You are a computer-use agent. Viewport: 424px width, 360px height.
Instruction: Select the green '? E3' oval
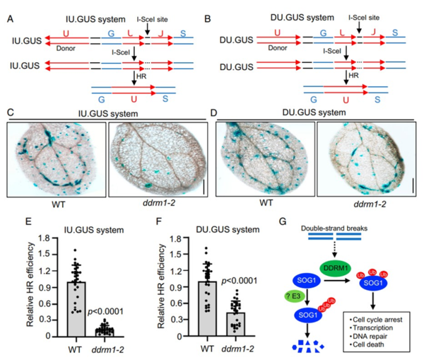pos(294,296)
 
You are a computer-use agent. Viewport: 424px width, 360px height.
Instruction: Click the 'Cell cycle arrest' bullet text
pos(377,320)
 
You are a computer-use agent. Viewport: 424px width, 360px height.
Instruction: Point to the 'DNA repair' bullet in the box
pos(370,336)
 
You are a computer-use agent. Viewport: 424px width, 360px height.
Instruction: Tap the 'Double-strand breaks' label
pos(334,228)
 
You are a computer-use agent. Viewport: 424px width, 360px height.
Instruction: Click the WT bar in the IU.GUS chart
pos(76,309)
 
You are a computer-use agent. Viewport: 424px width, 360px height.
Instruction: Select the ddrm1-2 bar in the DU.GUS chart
pos(236,324)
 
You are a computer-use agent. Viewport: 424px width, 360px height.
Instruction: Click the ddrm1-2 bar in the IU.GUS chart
pos(105,332)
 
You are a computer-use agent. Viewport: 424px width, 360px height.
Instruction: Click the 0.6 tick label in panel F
pos(175,303)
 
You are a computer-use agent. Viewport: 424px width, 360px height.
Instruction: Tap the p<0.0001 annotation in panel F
pos(240,281)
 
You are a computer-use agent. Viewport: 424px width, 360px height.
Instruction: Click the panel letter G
pos(282,221)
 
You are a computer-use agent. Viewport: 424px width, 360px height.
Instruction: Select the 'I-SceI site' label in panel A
pos(152,20)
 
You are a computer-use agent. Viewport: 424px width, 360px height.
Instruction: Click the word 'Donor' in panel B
pos(278,48)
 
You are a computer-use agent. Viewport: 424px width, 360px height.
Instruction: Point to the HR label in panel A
pos(141,76)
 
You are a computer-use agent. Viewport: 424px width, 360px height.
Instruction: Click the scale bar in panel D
pos(413,185)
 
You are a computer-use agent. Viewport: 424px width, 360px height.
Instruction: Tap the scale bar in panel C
pos(204,187)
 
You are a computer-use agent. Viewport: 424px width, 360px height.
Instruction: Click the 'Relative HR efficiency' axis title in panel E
pos(30,285)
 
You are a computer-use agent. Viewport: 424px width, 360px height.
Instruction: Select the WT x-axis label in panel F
pos(207,349)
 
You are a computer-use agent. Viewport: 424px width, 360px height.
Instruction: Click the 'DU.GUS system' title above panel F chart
pos(228,230)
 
